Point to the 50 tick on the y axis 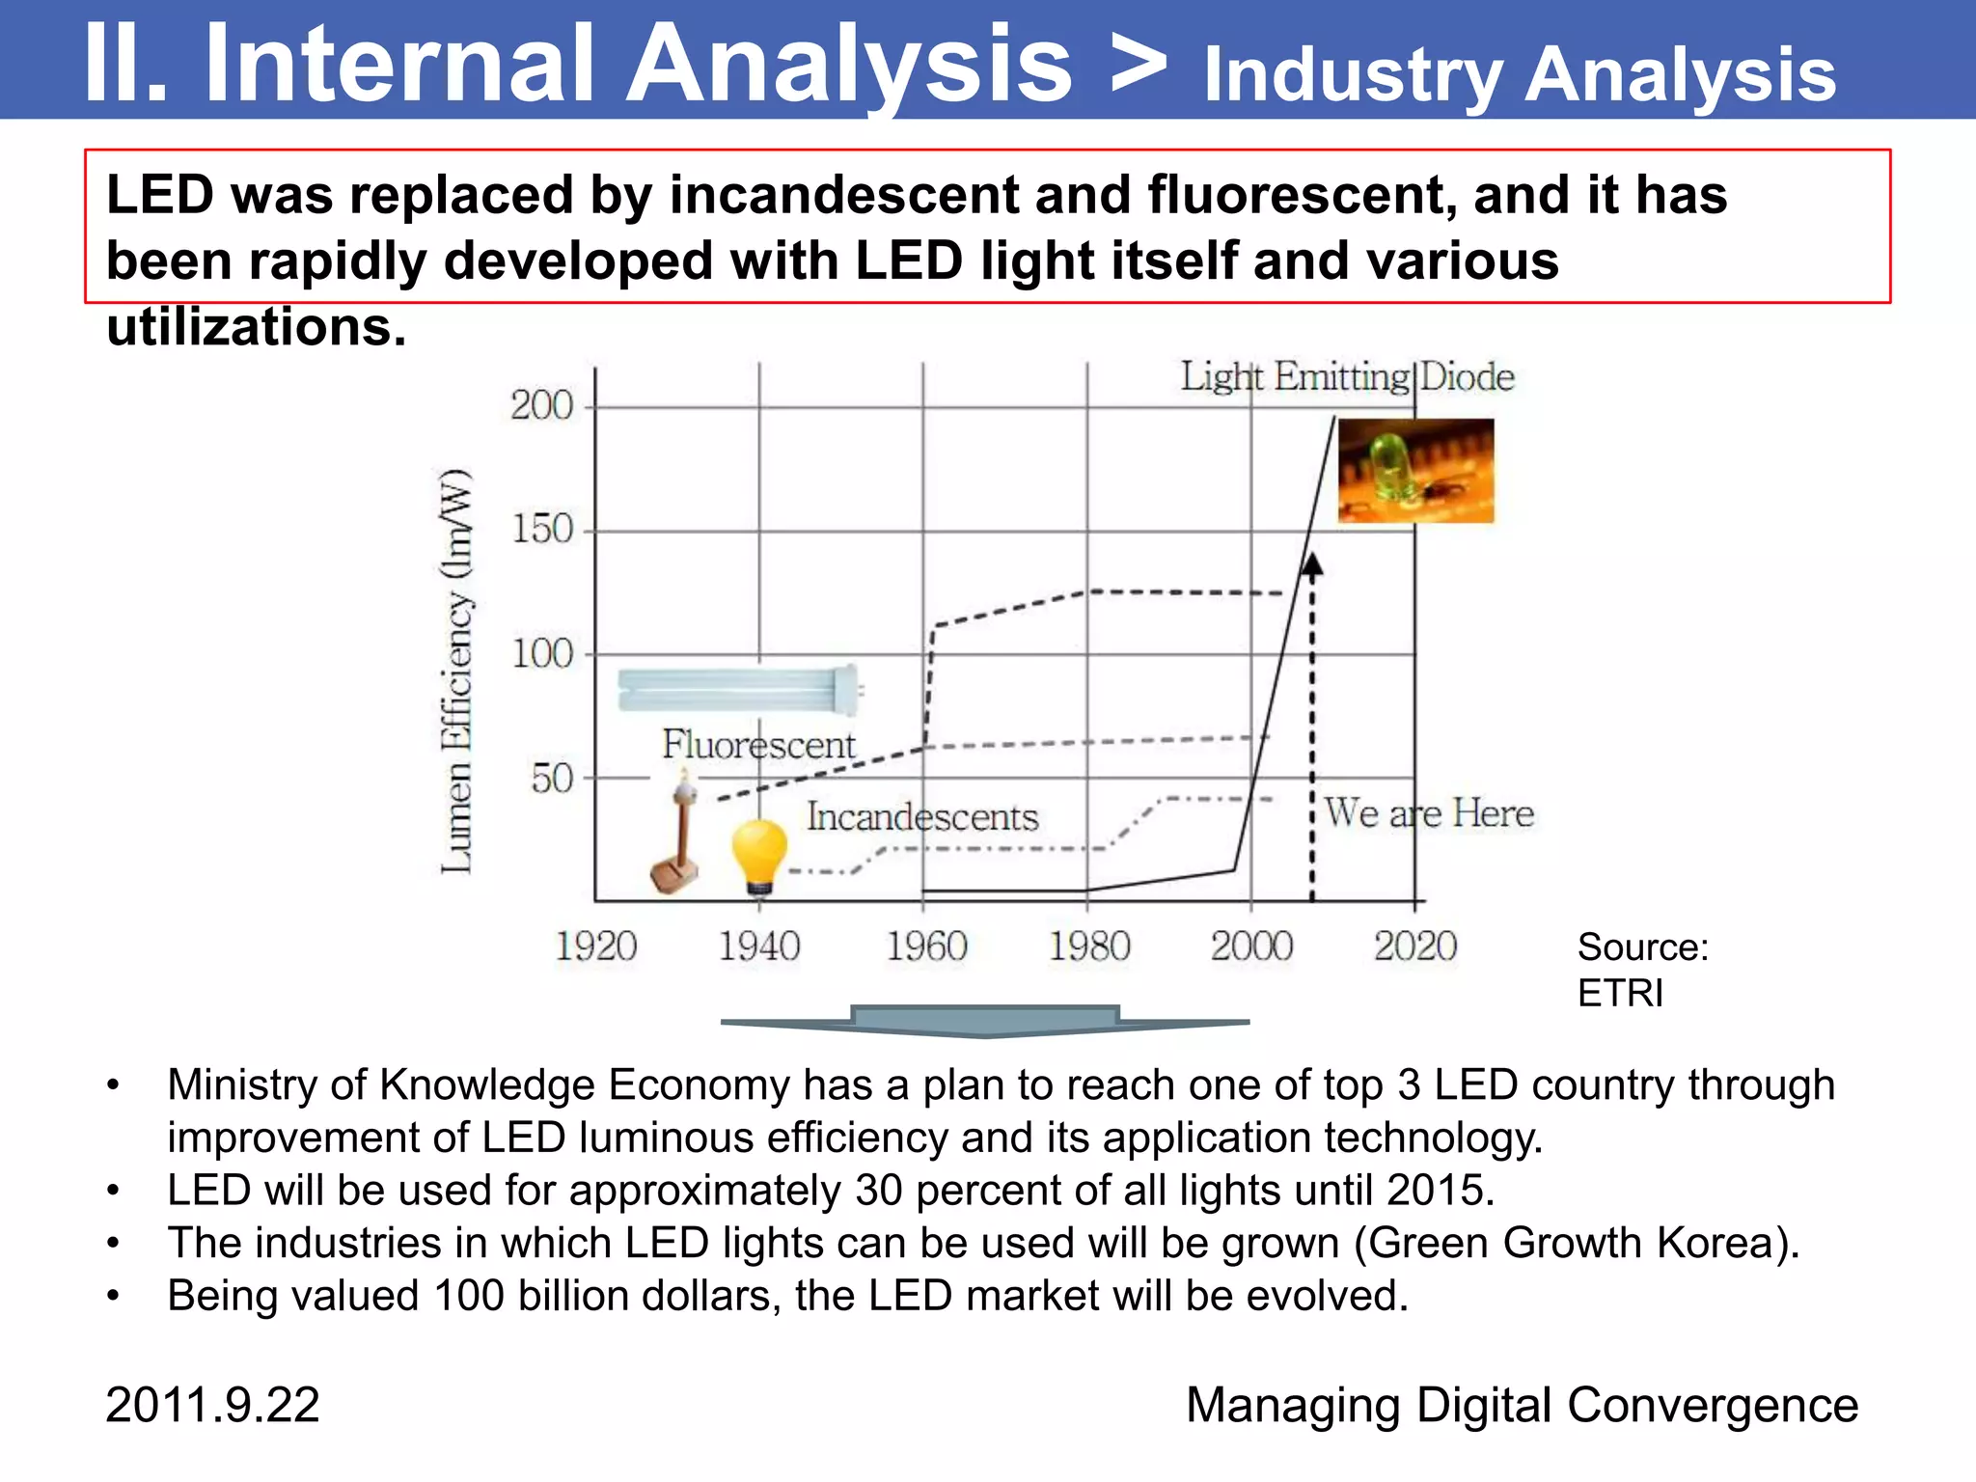click(553, 779)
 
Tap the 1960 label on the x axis click(926, 947)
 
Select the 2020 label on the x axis click(1415, 947)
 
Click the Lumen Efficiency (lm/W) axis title click(456, 672)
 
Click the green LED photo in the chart click(1415, 471)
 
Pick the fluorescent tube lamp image click(739, 689)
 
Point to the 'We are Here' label click(1429, 813)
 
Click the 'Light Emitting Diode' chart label click(1347, 377)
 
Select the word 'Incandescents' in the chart click(922, 817)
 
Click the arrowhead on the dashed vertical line click(1312, 565)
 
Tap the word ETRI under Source click(1620, 993)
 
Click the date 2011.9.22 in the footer click(212, 1405)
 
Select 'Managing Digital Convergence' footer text click(1522, 1405)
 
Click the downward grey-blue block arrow click(984, 1021)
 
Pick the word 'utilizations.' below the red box click(257, 327)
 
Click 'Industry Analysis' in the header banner click(1520, 74)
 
